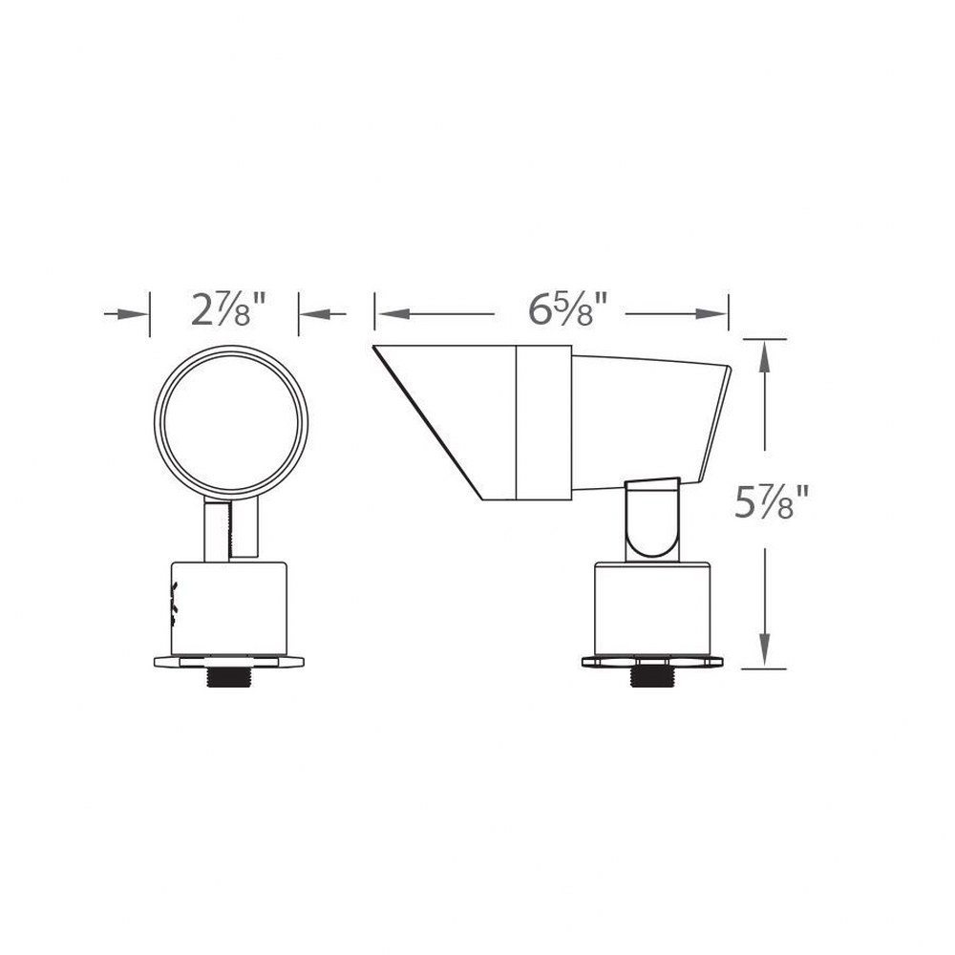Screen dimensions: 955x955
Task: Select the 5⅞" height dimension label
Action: point(771,501)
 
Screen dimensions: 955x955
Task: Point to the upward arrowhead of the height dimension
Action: point(765,361)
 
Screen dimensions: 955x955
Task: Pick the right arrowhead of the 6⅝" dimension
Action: point(711,314)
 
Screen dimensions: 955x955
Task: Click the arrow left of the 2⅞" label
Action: point(126,314)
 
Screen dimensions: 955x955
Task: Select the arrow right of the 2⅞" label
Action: point(323,314)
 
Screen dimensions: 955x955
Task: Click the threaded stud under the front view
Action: point(228,678)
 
